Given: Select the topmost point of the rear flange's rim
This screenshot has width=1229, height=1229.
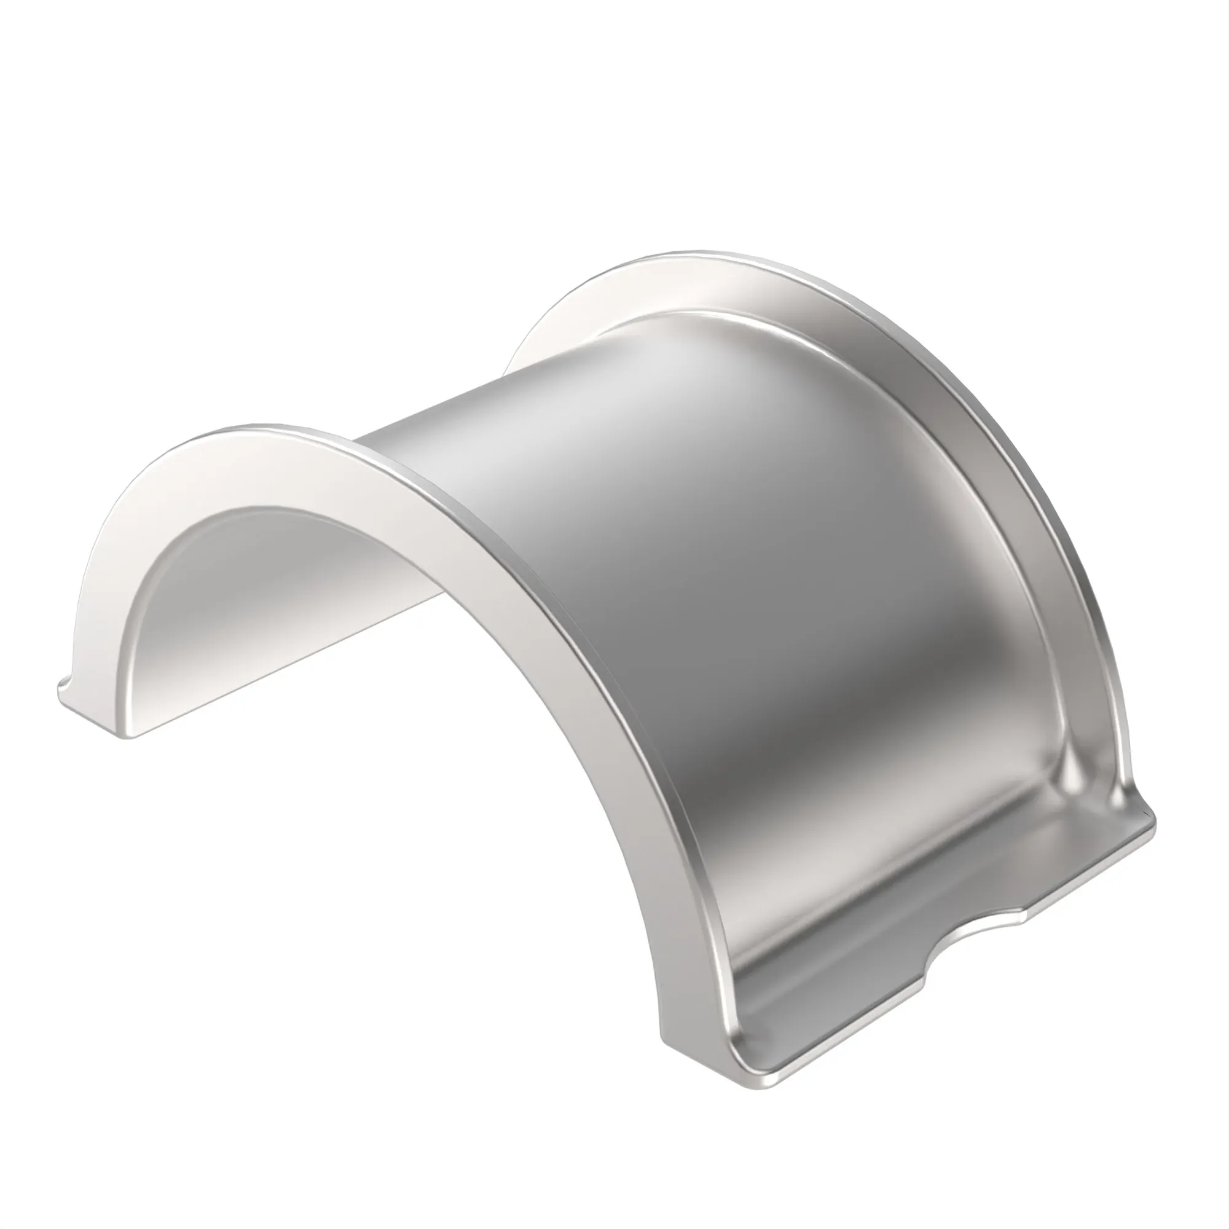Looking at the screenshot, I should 700,253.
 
